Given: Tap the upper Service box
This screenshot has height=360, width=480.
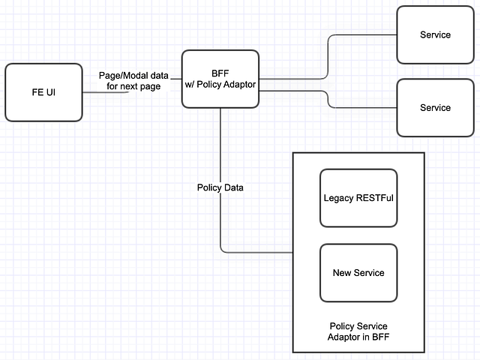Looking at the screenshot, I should [x=435, y=34].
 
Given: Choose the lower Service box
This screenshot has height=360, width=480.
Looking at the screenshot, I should [x=435, y=107].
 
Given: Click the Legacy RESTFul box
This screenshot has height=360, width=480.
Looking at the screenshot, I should [x=358, y=198].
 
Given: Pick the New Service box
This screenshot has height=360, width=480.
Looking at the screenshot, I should [x=358, y=272].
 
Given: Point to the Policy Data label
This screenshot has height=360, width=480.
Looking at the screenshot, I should [x=220, y=187].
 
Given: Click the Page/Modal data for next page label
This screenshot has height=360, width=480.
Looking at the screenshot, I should [x=133, y=81].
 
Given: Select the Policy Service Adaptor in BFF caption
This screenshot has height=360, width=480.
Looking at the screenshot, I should [x=358, y=331].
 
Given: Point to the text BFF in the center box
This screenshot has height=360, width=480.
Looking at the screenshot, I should [x=220, y=73].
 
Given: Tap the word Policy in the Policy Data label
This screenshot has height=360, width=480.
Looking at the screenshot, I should [x=208, y=187].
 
